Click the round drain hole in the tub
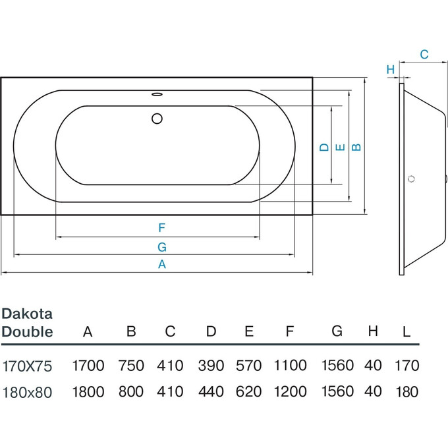click(x=157, y=119)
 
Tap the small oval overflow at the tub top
click(x=157, y=94)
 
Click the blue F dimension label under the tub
click(x=161, y=228)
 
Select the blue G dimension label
click(x=162, y=247)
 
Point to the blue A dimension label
click(x=162, y=264)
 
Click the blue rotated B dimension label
click(x=356, y=147)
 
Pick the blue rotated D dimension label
click(x=324, y=147)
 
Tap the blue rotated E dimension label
click(x=340, y=147)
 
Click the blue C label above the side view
click(x=424, y=54)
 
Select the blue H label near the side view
click(x=391, y=69)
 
